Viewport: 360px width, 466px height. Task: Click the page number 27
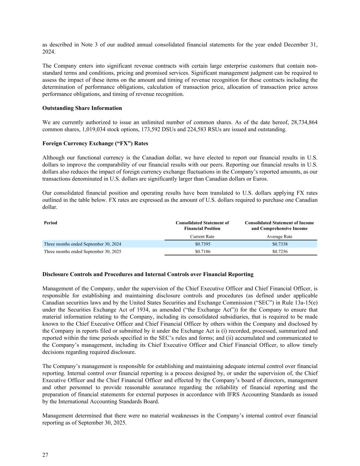[45, 455]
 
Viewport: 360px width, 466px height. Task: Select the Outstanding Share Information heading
[82, 108]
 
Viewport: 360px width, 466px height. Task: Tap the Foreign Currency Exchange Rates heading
[95, 143]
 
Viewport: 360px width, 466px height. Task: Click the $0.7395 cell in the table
[202, 244]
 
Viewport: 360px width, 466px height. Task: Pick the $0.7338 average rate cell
[279, 244]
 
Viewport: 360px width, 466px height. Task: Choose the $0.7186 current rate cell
[202, 252]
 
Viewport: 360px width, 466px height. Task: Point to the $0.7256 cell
[279, 252]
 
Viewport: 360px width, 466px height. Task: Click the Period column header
[51, 223]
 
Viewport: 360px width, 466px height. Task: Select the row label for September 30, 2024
[82, 244]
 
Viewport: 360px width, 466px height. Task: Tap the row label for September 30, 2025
[82, 252]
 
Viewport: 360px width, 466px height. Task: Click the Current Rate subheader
[202, 237]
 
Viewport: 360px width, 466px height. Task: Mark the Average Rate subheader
[279, 237]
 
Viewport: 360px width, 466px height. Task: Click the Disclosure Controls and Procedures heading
[148, 274]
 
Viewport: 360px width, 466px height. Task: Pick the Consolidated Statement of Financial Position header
[202, 226]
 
